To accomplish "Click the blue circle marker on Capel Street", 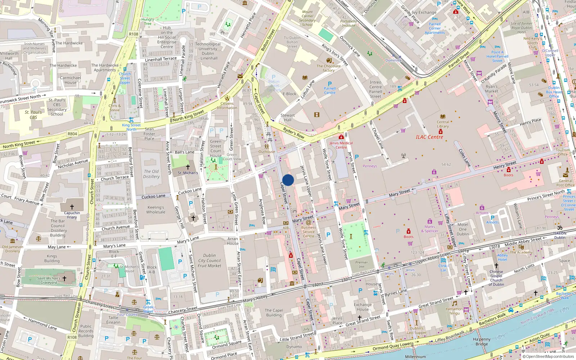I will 288,180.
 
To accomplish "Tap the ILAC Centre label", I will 429,137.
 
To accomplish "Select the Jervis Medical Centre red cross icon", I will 341,137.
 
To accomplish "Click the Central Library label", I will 443,124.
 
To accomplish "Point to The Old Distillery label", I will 152,174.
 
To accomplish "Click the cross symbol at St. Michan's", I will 188,167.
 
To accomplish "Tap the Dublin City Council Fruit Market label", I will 210,261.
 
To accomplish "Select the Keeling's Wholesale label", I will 156,210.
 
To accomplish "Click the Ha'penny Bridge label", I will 482,342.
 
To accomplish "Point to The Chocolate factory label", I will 329,68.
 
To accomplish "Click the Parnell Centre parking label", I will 330,90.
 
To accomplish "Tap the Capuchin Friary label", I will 72,215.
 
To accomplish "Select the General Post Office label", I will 565,183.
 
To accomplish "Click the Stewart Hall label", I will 288,118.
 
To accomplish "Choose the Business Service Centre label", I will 309,231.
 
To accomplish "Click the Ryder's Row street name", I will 293,133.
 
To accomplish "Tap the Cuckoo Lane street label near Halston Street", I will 190,191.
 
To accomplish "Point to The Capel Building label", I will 274,312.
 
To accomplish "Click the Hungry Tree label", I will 148,22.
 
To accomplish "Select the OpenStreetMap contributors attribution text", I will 548,357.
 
